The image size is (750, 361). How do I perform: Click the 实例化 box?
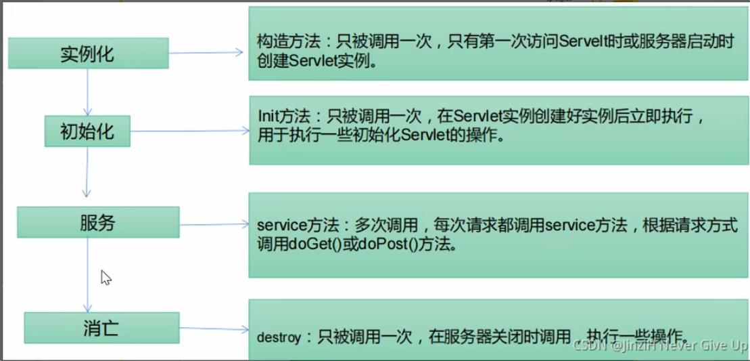[x=88, y=54]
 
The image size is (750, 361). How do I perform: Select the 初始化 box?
[x=88, y=131]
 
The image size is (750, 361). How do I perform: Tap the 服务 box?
[x=97, y=222]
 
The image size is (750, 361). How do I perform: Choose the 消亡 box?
[x=101, y=328]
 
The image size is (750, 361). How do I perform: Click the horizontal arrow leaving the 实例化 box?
[x=206, y=52]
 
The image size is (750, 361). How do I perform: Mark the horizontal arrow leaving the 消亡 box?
[x=214, y=330]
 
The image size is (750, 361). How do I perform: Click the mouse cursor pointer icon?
[x=106, y=277]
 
